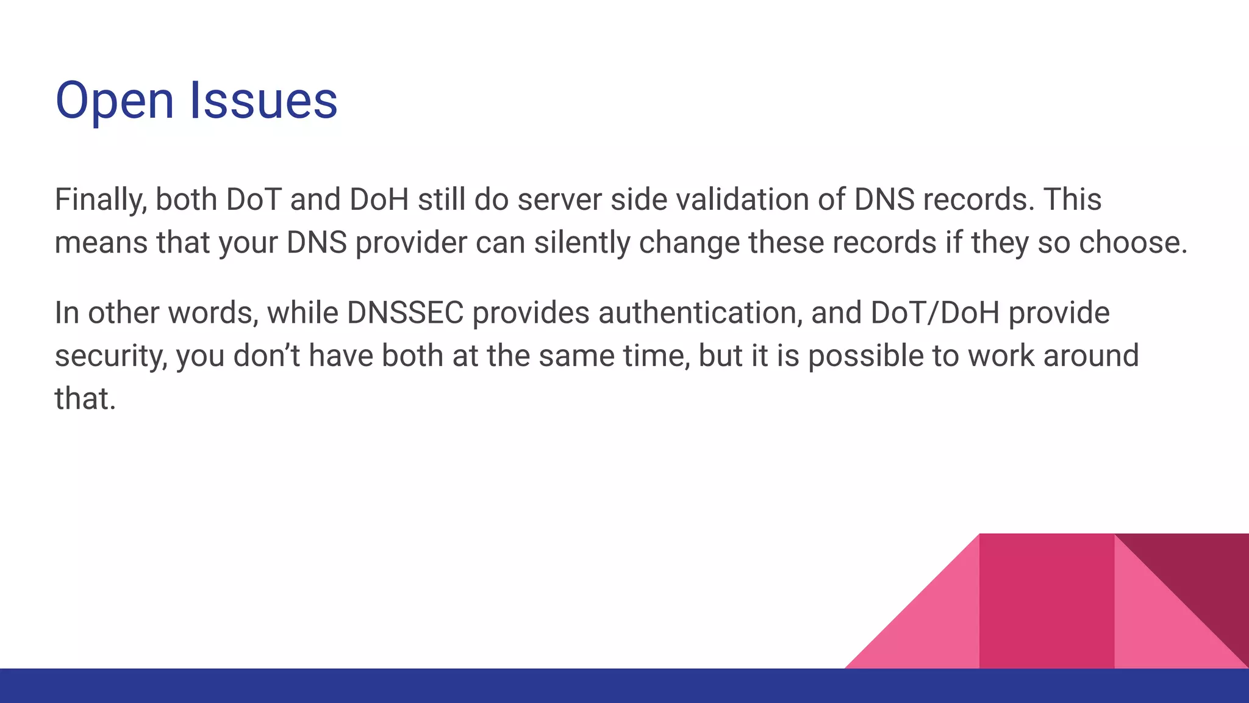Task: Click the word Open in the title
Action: point(115,101)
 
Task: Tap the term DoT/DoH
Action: point(935,313)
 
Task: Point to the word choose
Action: point(1133,243)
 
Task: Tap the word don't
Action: point(267,356)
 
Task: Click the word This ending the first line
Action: point(1072,200)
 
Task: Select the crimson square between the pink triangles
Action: point(1047,601)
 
